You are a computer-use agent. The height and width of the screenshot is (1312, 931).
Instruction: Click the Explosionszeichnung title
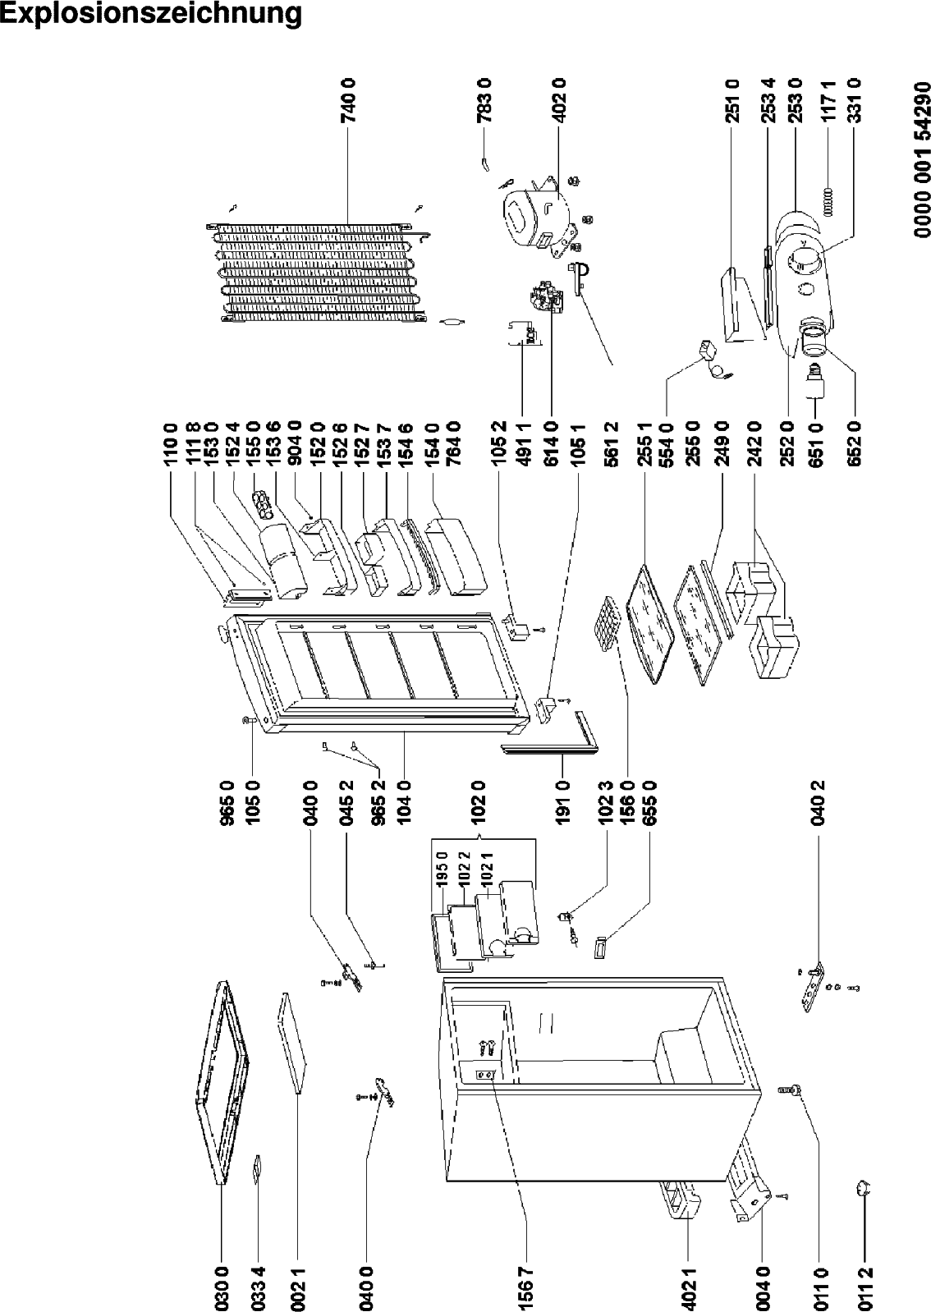(151, 14)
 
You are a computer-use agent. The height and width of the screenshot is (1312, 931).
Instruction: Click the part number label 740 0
(349, 101)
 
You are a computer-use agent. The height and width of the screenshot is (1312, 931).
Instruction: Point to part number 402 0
(559, 101)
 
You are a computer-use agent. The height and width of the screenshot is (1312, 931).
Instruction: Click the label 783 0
(485, 101)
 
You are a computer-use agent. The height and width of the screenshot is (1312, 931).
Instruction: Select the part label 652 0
(855, 444)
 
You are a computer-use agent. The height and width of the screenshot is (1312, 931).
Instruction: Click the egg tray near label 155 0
(264, 506)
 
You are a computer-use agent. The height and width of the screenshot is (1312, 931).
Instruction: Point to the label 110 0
(171, 444)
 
